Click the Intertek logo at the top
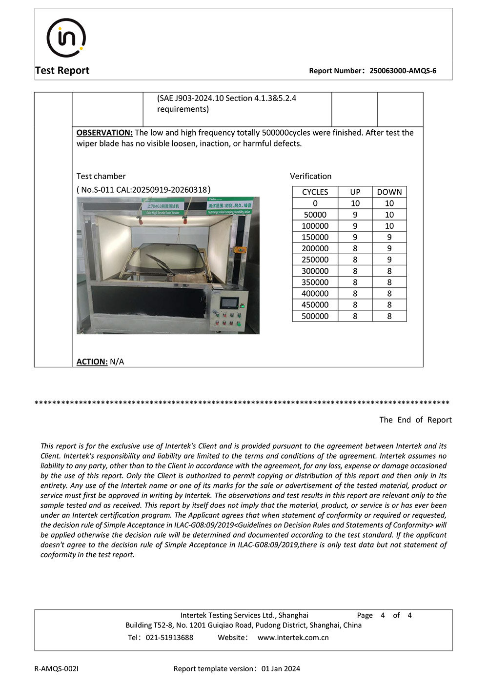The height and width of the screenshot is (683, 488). (x=66, y=38)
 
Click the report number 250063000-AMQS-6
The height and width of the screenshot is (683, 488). (x=403, y=71)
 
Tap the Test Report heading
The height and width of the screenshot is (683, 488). (x=62, y=70)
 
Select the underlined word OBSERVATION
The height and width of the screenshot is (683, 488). (x=104, y=133)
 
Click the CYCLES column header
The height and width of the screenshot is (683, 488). (x=315, y=192)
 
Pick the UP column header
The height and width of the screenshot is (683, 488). (x=355, y=192)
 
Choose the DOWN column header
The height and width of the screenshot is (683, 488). (x=389, y=192)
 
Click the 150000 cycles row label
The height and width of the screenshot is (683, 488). (x=315, y=237)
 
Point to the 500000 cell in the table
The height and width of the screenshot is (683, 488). (x=315, y=316)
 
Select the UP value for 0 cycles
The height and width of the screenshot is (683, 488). (x=355, y=203)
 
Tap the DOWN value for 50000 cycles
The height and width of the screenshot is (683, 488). (x=389, y=215)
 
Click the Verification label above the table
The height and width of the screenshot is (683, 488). (x=310, y=176)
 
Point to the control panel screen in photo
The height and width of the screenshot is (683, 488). (x=229, y=303)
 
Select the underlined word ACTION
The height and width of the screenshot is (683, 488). (x=92, y=362)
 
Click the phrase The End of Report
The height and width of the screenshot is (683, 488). (x=415, y=420)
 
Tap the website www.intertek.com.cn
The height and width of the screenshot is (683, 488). (x=293, y=638)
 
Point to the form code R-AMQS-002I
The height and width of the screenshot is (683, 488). (x=56, y=669)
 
